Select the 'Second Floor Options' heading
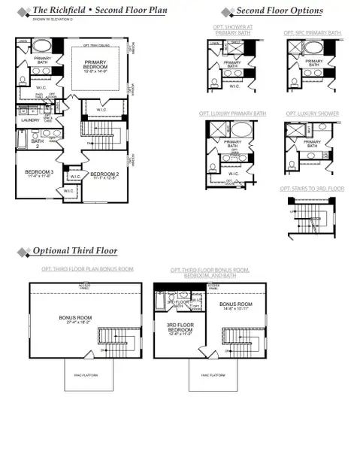tap(280, 11)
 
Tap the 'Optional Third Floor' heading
tap(74, 250)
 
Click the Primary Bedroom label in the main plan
tap(95, 65)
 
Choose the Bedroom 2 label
tap(104, 173)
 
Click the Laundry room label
tap(30, 120)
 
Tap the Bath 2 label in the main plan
tap(37, 141)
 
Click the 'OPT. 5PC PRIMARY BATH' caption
tap(312, 33)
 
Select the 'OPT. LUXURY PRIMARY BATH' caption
tap(232, 114)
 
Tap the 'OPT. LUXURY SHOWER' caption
tap(312, 114)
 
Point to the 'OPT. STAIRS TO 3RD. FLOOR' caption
tap(312, 189)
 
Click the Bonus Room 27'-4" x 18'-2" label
tap(75, 319)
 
